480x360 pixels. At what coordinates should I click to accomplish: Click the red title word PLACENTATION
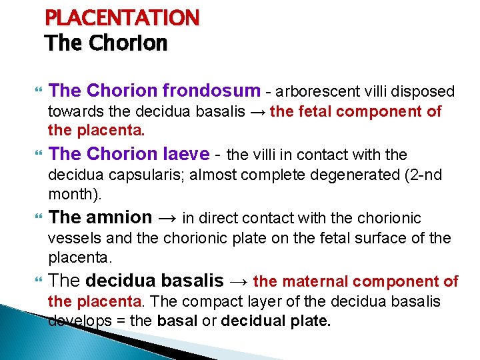point(122,17)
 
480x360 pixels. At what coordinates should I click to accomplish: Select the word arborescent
point(313,91)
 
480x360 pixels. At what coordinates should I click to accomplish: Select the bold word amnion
point(119,217)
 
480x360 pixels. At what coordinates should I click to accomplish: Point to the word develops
point(76,321)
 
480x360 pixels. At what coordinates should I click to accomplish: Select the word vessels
point(70,238)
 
